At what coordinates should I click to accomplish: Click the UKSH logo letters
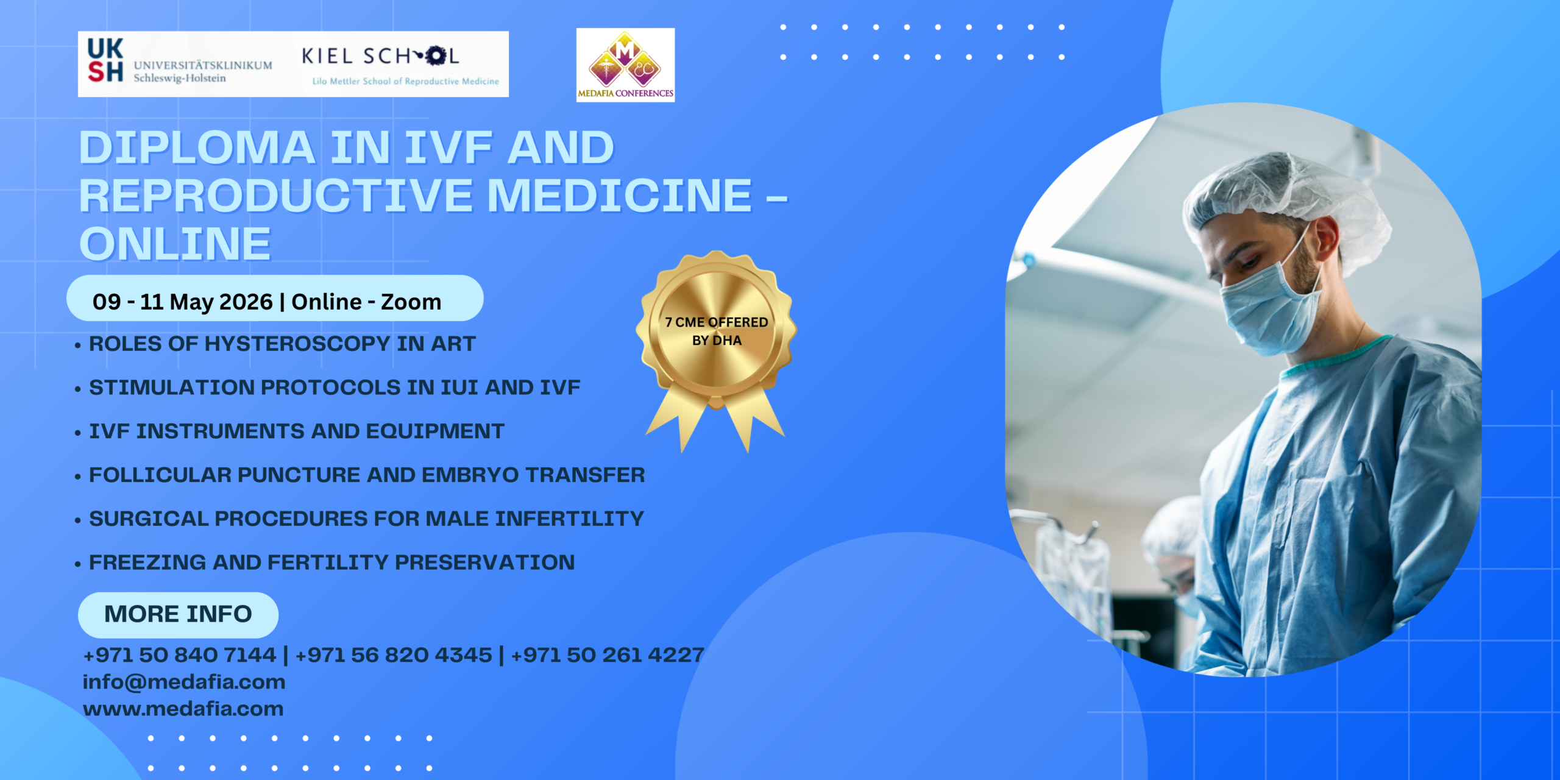tap(105, 60)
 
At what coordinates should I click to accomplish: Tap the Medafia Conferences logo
tap(625, 65)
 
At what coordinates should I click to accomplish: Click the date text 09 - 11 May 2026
tap(182, 302)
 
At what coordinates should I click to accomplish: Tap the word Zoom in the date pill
tap(411, 302)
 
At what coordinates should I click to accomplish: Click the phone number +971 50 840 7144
tap(180, 655)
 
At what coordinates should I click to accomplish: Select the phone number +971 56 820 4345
tap(393, 655)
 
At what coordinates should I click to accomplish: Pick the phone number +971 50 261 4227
tap(608, 655)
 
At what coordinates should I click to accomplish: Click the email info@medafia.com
tap(184, 682)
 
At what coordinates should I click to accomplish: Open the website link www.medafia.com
tap(183, 709)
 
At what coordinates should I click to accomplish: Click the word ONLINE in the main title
tap(175, 244)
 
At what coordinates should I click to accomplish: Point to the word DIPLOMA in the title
tap(197, 148)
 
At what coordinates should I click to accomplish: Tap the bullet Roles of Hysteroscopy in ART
tap(282, 344)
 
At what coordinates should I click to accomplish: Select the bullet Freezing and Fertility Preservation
tap(331, 562)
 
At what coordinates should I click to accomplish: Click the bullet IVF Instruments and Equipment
tap(297, 431)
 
